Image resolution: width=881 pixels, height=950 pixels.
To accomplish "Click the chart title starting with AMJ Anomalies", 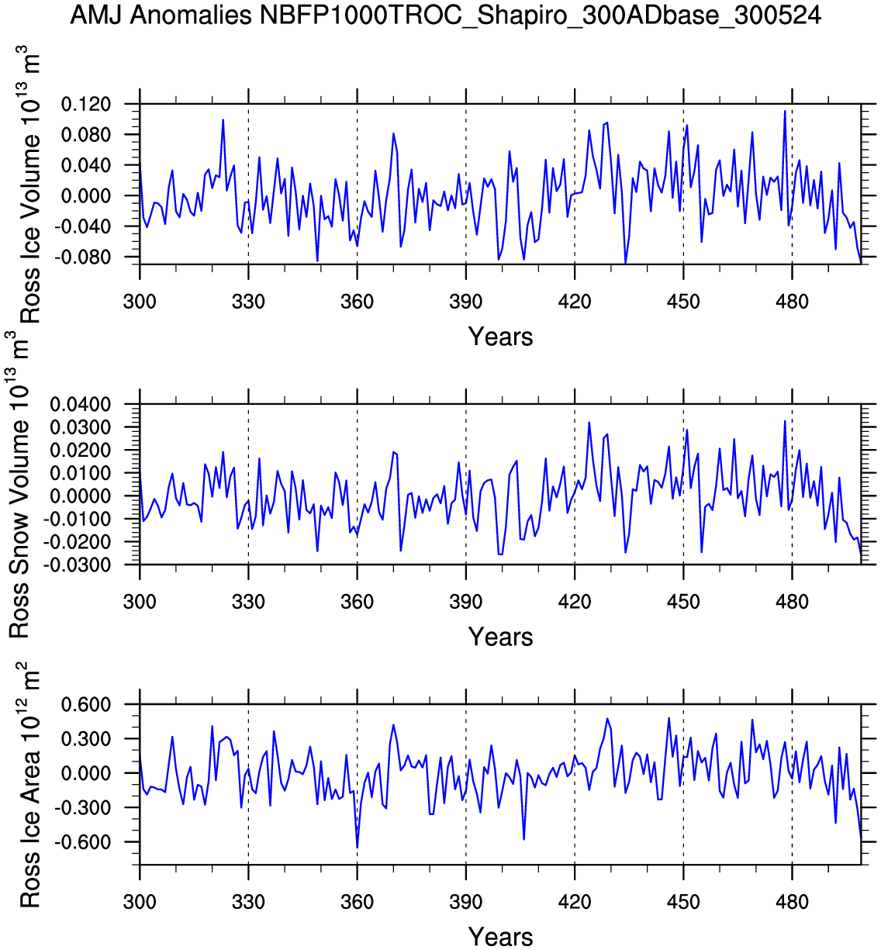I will (x=445, y=15).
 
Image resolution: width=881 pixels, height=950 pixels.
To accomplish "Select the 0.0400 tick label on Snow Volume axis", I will (x=81, y=405).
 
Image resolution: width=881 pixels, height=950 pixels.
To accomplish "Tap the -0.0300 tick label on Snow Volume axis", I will (x=78, y=565).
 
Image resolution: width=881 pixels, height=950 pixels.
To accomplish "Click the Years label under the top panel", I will (x=500, y=337).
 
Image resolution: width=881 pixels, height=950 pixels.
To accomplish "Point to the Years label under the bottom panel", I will (x=500, y=937).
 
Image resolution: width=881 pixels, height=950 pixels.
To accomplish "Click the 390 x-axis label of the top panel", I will (x=465, y=302).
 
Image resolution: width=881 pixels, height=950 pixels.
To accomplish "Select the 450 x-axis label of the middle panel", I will (x=683, y=602).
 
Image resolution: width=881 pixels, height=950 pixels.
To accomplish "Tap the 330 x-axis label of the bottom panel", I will (x=248, y=902).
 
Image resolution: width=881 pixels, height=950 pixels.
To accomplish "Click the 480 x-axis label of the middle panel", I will (x=792, y=602).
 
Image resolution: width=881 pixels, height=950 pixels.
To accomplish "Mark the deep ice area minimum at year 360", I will (x=357, y=846).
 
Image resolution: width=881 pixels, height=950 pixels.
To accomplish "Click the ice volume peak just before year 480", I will (x=785, y=112).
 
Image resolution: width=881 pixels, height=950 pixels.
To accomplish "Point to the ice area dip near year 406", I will (x=524, y=838).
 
